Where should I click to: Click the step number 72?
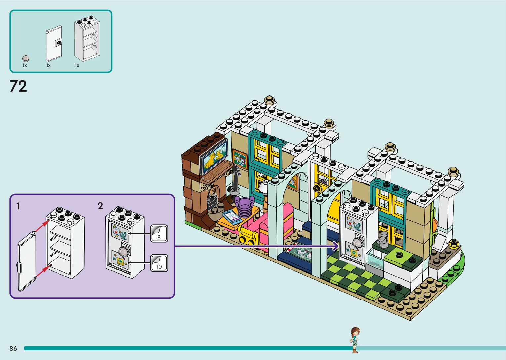18,86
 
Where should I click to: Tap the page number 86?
13,348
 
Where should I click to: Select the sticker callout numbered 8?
159,234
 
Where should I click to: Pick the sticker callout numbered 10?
159,263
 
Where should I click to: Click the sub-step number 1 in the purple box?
19,206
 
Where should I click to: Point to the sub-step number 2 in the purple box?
100,206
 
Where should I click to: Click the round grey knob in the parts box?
26,59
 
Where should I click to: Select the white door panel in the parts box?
54,44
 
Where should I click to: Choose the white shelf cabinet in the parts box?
87,40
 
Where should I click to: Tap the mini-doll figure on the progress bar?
355,340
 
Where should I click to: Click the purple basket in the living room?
244,207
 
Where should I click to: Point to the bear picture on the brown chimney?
214,157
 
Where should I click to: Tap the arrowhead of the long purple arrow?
337,246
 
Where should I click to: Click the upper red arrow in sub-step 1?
42,226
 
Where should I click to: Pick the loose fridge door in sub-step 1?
26,261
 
